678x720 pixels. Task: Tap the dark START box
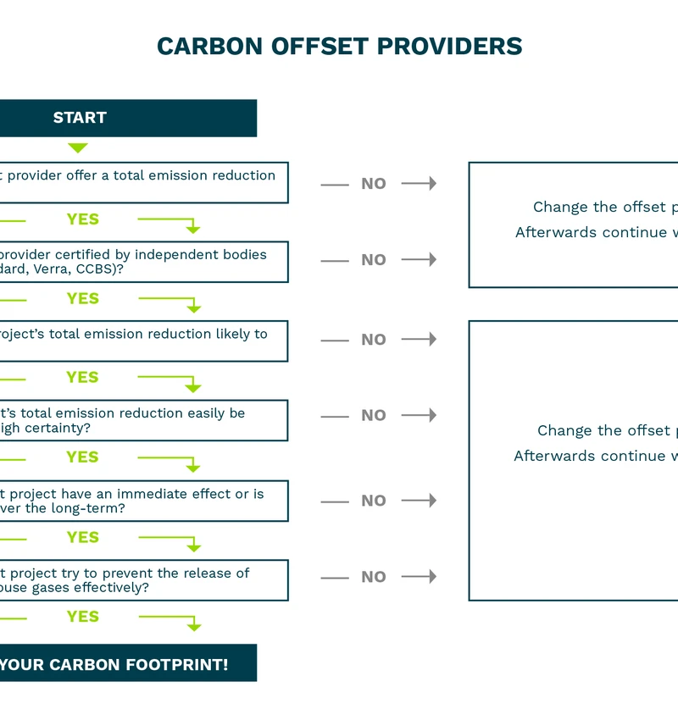[127, 118]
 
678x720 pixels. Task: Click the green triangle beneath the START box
[78, 147]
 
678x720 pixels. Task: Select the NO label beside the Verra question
[373, 260]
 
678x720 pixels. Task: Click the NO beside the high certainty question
[373, 416]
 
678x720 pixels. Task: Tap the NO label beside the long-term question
[373, 501]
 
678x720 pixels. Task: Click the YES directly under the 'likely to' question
[82, 378]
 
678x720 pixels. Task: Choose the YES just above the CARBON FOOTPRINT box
[82, 617]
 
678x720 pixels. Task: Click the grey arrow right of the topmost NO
[419, 183]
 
